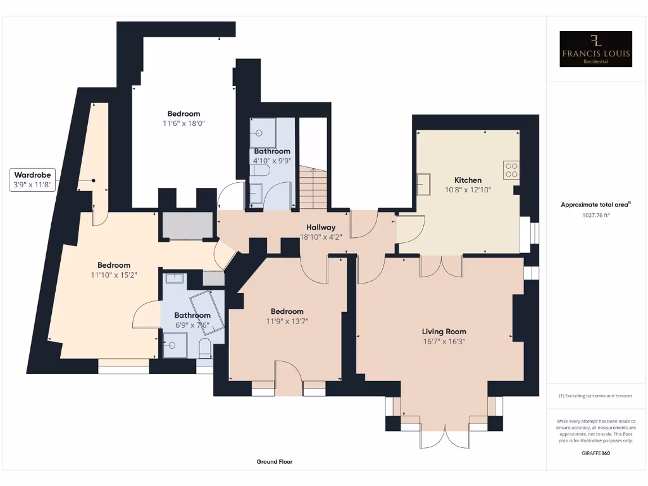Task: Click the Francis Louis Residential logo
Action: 596,49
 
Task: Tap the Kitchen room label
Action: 468,180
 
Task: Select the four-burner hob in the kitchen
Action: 511,170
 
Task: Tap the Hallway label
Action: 321,228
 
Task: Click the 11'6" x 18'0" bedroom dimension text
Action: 184,124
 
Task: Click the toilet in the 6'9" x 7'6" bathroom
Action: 204,349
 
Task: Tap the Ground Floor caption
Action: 275,462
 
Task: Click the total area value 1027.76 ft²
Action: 596,215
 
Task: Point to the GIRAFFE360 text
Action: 596,453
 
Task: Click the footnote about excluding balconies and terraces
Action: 596,396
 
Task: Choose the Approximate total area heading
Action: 596,204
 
